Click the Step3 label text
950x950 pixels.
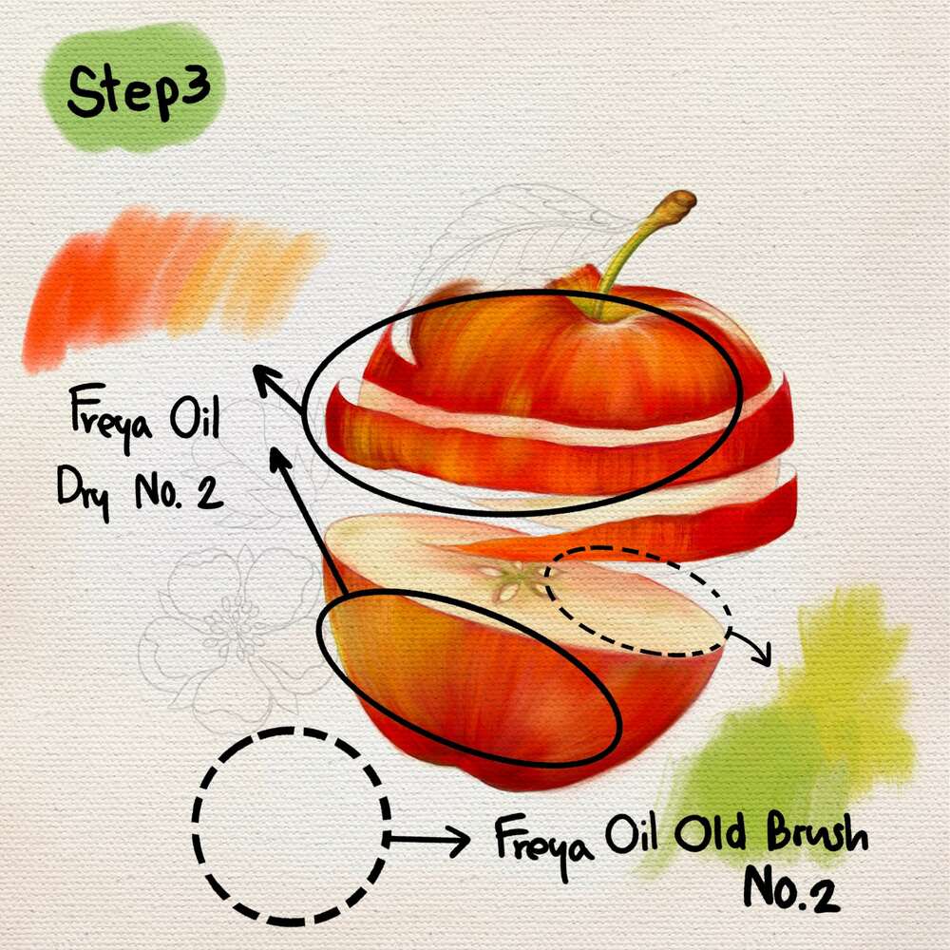(x=139, y=91)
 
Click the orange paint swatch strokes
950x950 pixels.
(x=171, y=285)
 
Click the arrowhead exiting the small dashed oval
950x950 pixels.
(x=762, y=655)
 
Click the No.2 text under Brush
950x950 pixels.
(x=791, y=890)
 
